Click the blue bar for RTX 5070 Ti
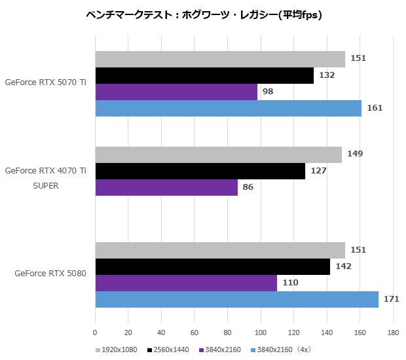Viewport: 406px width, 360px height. (228, 108)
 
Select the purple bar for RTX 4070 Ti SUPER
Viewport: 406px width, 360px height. (166, 187)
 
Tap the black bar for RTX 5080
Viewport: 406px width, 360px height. (212, 266)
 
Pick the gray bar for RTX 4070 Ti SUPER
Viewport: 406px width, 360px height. (218, 154)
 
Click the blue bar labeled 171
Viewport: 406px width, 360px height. (236, 299)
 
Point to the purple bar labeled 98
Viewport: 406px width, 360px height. (176, 92)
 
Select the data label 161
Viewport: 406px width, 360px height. (375, 108)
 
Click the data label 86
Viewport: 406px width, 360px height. (248, 187)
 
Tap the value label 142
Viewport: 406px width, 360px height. (343, 266)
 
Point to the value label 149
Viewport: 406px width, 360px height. (355, 154)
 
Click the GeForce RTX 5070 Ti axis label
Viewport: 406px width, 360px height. (45, 83)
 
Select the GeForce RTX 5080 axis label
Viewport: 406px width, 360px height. (50, 274)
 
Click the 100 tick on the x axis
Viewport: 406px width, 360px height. (261, 333)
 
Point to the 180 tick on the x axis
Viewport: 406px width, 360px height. (393, 333)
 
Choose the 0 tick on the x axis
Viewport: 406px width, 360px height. (96, 333)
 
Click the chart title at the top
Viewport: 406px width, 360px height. (204, 14)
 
